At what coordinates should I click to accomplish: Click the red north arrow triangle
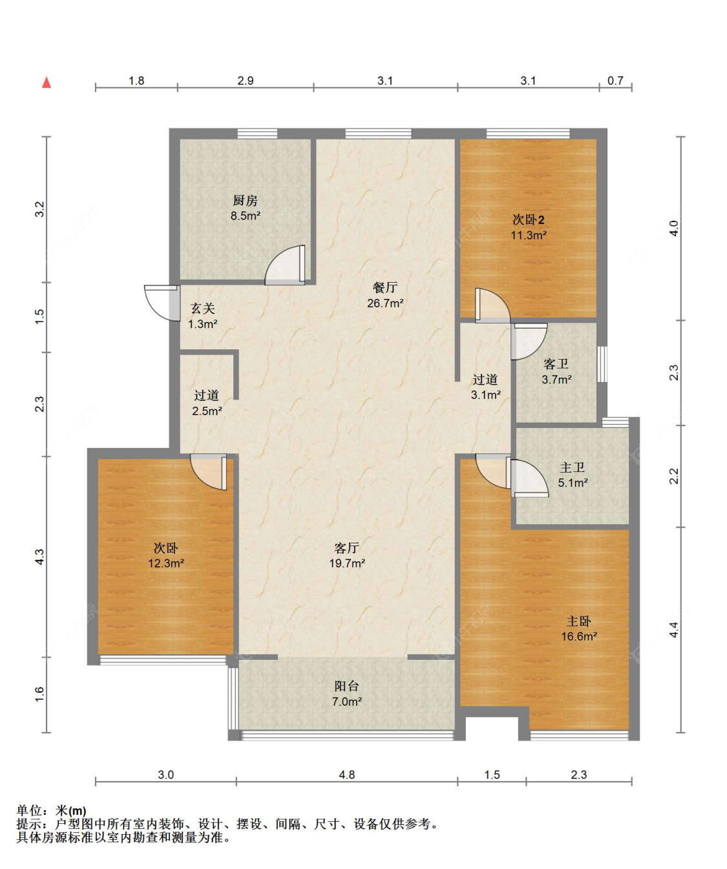coord(47,83)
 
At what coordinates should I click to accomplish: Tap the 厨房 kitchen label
coord(246,201)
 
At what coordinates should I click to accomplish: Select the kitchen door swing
coord(286,265)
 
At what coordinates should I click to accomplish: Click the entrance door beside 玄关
coord(162,303)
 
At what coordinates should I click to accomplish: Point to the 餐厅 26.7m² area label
coord(385,295)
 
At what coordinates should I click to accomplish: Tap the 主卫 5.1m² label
coord(573,475)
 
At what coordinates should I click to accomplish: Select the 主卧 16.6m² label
coord(579,629)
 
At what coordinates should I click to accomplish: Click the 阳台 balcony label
coord(346,686)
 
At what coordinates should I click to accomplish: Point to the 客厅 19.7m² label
coord(347,556)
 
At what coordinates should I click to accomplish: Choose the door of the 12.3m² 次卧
coord(209,472)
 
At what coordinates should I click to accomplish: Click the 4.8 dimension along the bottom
coord(346,775)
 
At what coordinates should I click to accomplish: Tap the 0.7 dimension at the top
coord(615,80)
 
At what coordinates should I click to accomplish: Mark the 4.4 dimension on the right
coord(673,629)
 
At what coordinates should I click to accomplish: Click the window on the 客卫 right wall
coord(602,363)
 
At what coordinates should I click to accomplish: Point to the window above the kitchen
coord(257,134)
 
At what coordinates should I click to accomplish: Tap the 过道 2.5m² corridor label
coord(207,403)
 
